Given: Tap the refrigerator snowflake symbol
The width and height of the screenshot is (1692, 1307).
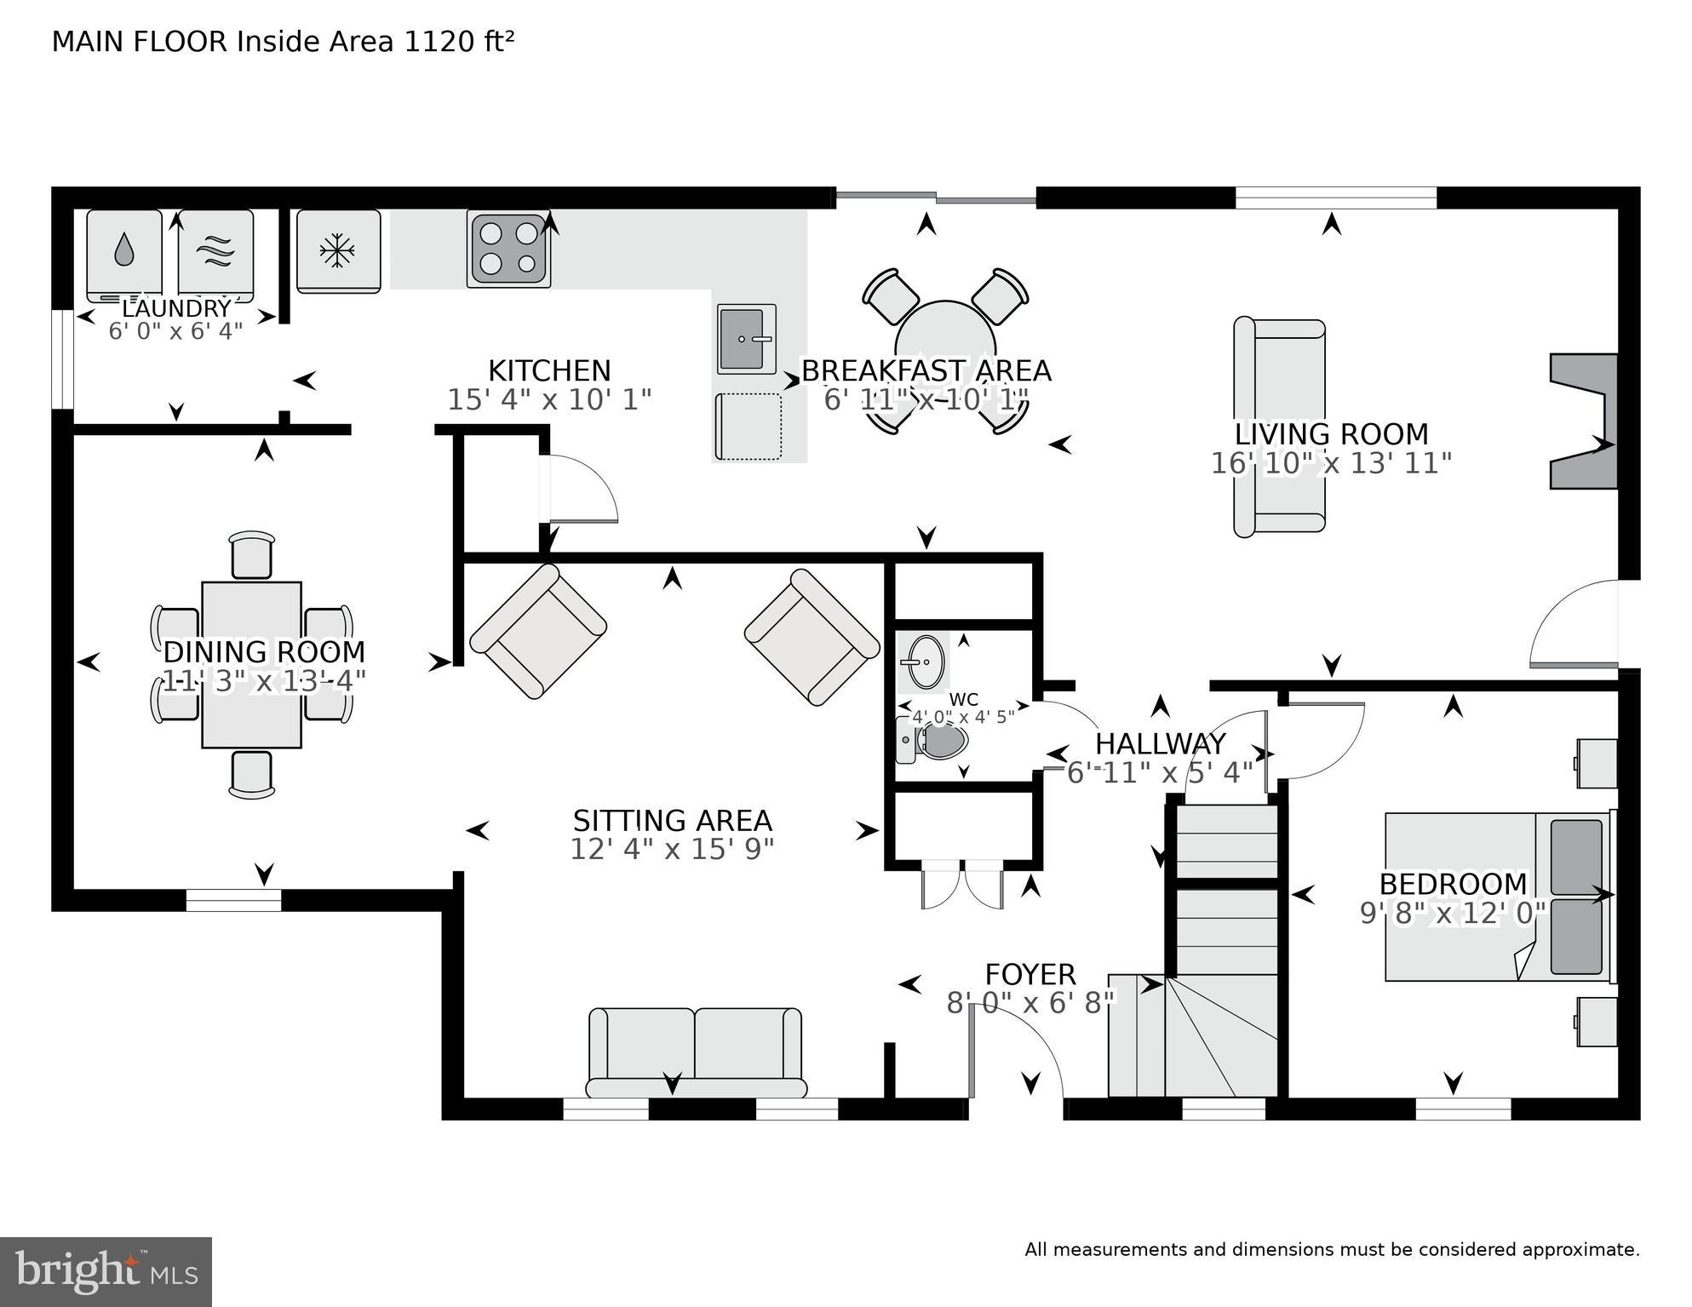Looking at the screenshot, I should pyautogui.click(x=337, y=251).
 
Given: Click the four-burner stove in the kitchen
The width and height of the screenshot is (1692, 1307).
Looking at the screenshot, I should pyautogui.click(x=508, y=249).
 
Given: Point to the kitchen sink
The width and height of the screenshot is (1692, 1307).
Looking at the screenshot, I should pyautogui.click(x=746, y=339).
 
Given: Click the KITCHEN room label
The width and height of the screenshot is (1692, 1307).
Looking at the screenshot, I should pyautogui.click(x=549, y=371).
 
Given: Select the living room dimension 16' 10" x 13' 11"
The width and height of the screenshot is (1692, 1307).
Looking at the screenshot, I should pyautogui.click(x=1330, y=464).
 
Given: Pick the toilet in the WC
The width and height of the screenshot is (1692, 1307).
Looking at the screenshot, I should pyautogui.click(x=936, y=741).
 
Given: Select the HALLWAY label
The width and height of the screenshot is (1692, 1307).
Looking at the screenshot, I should pyautogui.click(x=1159, y=744).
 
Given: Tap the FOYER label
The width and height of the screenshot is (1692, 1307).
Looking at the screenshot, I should pyautogui.click(x=1030, y=974).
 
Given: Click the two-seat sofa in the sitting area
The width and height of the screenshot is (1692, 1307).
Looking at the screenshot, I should pyautogui.click(x=695, y=1052).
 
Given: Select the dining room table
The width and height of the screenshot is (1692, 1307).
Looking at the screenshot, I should pyautogui.click(x=251, y=665).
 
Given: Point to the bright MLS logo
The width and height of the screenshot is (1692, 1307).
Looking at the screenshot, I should pyautogui.click(x=106, y=1272).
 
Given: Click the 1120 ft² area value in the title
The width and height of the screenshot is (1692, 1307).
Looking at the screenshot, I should pyautogui.click(x=458, y=42).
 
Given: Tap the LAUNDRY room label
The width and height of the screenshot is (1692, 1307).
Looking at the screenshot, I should pyautogui.click(x=176, y=308).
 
